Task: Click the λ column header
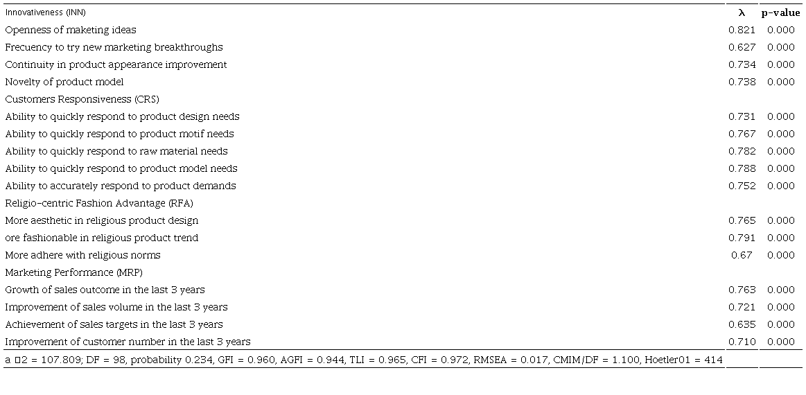(742, 12)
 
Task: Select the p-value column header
(780, 12)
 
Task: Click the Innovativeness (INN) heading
(46, 12)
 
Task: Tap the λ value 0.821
(742, 30)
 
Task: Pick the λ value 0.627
(742, 47)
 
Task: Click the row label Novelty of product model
(64, 82)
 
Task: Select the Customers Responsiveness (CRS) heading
(82, 99)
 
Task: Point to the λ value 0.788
(742, 168)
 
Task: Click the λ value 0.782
(742, 151)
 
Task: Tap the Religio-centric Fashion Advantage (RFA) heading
(99, 203)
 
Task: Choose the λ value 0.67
(742, 255)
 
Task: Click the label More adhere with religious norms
(82, 255)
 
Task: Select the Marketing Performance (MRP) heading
(74, 272)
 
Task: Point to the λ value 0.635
(742, 324)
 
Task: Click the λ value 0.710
(742, 342)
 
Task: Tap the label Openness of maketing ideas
(71, 30)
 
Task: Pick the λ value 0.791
(742, 238)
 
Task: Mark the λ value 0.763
(742, 290)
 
